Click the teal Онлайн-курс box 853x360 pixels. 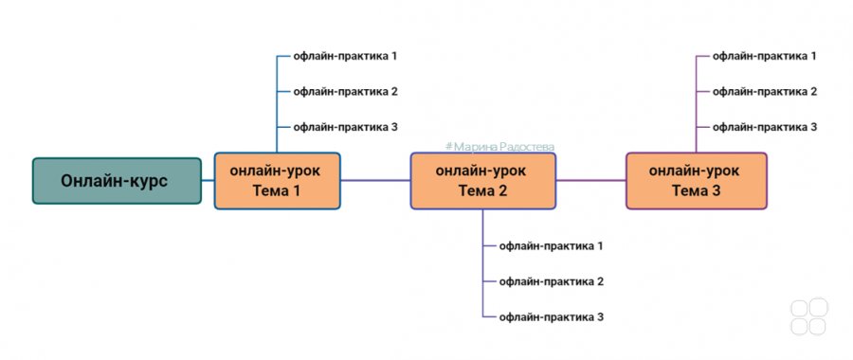(117, 181)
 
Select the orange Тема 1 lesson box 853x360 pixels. (278, 181)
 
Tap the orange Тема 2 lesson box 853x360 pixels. (483, 181)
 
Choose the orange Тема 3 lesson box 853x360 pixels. (697, 181)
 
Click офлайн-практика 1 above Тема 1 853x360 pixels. (345, 56)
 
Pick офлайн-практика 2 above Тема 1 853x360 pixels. (345, 91)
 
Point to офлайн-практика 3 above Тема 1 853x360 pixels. (345, 127)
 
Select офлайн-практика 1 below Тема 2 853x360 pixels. (551, 245)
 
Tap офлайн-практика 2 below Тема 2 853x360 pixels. (551, 281)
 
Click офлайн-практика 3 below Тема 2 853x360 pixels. (551, 317)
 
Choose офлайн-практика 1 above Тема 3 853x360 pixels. (764, 56)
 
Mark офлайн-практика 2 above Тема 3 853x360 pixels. (764, 91)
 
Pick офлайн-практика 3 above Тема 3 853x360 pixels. (764, 127)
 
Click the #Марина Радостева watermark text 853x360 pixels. (499, 147)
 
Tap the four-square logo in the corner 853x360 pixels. (809, 316)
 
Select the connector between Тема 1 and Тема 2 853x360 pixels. (375, 181)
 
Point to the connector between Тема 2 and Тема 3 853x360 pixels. (590, 181)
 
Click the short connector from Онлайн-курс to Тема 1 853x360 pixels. (208, 181)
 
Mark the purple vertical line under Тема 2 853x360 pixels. (482, 263)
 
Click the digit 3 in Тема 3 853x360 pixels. (716, 190)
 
